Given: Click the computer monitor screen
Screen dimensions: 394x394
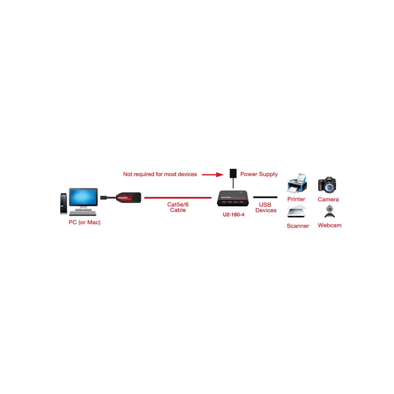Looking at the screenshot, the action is click(83, 197).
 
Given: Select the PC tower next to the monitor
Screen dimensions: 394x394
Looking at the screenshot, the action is click(64, 204).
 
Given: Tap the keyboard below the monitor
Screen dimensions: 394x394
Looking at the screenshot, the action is click(82, 213).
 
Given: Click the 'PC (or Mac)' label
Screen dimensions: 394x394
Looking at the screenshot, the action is click(84, 222).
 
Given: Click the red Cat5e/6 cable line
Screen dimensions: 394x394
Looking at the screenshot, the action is click(178, 198).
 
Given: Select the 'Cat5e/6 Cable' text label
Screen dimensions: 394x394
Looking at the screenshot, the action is click(178, 207).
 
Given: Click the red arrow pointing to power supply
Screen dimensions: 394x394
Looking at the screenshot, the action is click(213, 175).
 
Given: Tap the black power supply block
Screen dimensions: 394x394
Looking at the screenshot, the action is click(233, 173).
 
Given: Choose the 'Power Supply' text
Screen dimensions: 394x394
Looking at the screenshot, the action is click(259, 174).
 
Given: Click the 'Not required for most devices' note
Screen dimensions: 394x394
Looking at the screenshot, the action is click(160, 174).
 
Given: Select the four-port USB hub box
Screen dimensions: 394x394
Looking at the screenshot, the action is click(233, 198).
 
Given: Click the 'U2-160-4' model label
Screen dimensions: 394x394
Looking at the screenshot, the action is click(234, 215).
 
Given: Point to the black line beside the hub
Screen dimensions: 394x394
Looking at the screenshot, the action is click(265, 197).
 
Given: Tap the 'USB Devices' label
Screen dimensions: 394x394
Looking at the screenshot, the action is click(266, 207).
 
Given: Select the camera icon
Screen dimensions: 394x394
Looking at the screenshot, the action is click(327, 185).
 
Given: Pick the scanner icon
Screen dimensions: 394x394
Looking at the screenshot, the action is click(296, 211).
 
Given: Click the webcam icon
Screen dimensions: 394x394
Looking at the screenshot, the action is click(330, 211).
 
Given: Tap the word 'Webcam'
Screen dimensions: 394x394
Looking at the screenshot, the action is click(330, 225).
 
